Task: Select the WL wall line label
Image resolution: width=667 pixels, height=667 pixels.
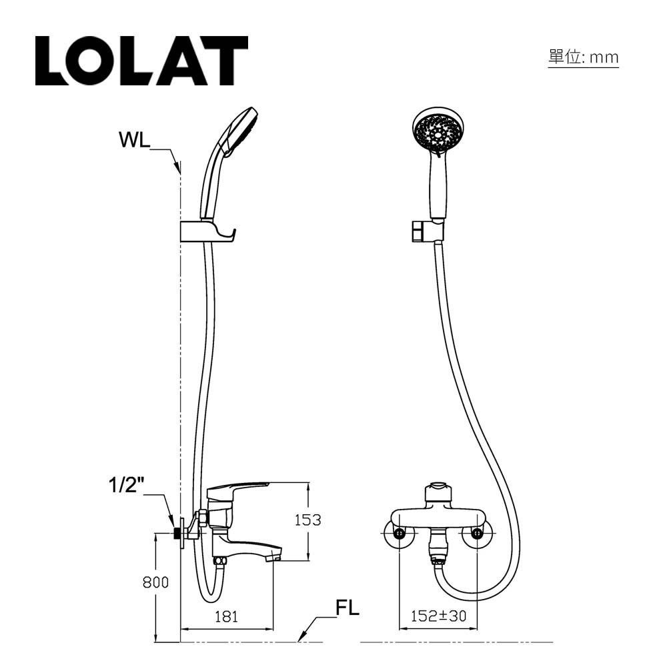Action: click(x=134, y=141)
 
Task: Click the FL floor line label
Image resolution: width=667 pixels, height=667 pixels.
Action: click(x=347, y=608)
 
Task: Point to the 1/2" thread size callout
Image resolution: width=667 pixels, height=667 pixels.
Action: click(x=127, y=485)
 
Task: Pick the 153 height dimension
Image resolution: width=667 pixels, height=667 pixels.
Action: click(x=307, y=520)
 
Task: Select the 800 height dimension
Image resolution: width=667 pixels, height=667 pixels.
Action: click(x=155, y=582)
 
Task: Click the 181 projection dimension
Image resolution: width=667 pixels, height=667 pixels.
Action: click(x=226, y=617)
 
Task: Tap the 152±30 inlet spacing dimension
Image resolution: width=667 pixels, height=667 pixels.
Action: click(x=438, y=617)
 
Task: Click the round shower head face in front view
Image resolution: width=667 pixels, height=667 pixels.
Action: click(x=439, y=132)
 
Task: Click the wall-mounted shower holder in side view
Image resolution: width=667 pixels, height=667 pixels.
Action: click(x=207, y=231)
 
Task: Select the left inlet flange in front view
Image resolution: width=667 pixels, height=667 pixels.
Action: click(x=398, y=534)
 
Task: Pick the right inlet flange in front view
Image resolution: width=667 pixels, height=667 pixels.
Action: click(x=477, y=534)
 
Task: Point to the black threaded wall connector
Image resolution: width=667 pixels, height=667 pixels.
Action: click(x=178, y=533)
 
